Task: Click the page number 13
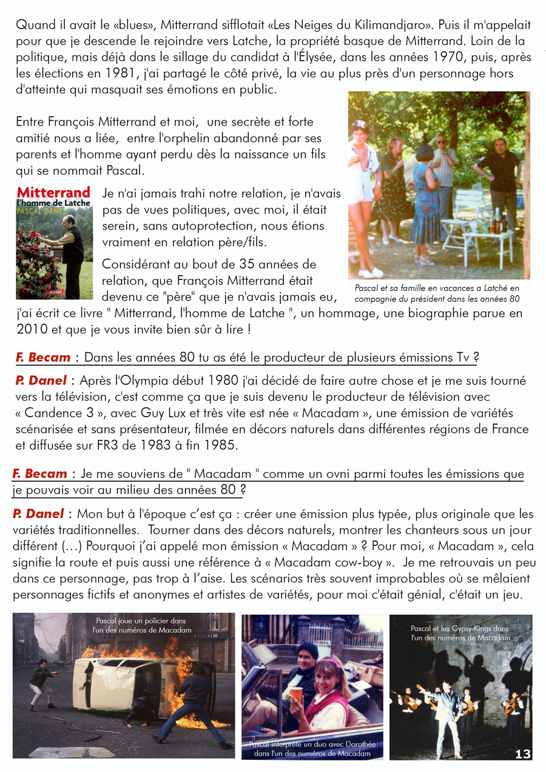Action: pyautogui.click(x=523, y=754)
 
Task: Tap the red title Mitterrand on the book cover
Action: pyautogui.click(x=53, y=193)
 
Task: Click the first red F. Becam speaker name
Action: pyautogui.click(x=43, y=357)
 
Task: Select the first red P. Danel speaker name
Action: pyautogui.click(x=41, y=381)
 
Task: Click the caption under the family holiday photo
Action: pyautogui.click(x=437, y=293)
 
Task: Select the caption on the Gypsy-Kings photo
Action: pyautogui.click(x=460, y=633)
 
